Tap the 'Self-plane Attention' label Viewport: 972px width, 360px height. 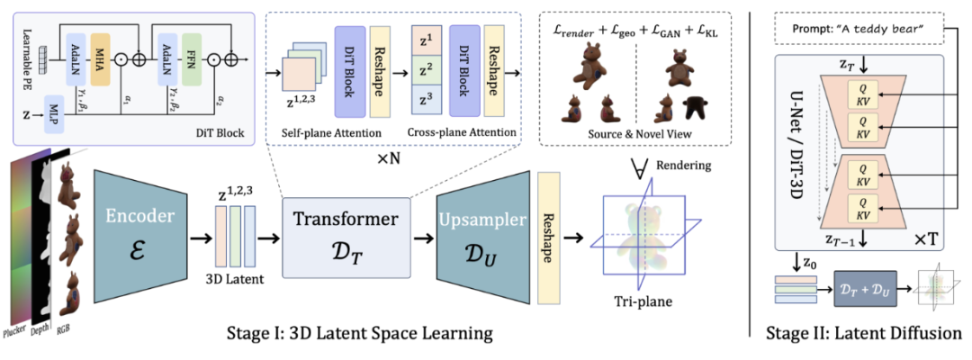(322, 133)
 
